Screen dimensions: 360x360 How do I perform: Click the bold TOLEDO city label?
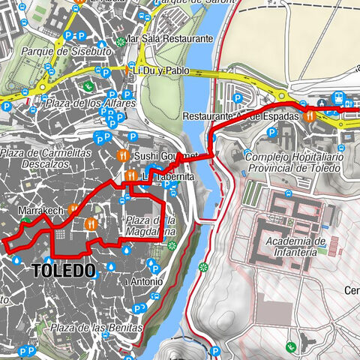coord(64,270)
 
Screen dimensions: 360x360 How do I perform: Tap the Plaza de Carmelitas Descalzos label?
coord(36,158)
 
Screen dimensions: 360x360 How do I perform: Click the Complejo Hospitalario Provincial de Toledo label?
coord(294,163)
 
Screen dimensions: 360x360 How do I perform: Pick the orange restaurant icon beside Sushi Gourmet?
coord(124,156)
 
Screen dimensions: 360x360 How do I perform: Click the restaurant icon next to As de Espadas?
coord(307,116)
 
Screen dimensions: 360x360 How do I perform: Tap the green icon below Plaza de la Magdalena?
coord(172,245)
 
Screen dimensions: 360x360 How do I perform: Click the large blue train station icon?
coord(337,98)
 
